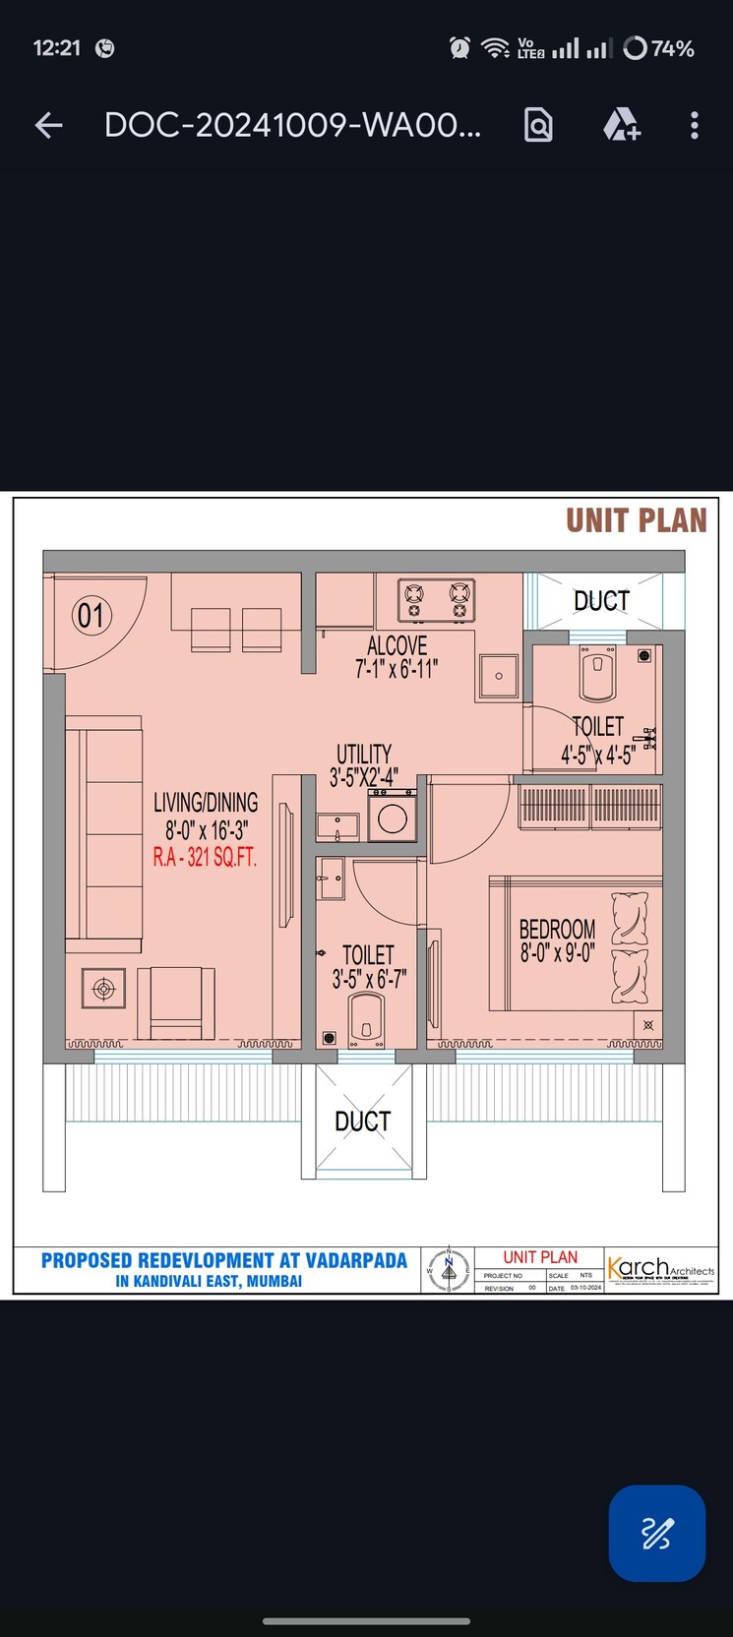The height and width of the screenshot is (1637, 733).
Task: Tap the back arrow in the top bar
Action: [x=48, y=125]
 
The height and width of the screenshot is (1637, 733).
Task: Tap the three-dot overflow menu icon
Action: [x=695, y=125]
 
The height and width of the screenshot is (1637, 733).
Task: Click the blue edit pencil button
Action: [x=656, y=1533]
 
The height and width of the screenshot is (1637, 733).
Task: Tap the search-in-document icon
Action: [x=538, y=125]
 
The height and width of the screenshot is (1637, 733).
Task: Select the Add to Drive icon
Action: [x=621, y=125]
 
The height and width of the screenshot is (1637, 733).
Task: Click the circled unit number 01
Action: [x=92, y=616]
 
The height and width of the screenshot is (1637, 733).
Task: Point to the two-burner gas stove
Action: [x=436, y=601]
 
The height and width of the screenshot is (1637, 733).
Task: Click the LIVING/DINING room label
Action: [x=206, y=803]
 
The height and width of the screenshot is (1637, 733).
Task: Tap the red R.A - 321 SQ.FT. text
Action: [x=205, y=858]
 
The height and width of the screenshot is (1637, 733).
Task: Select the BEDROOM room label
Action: [x=557, y=929]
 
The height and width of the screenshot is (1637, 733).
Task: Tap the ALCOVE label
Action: [x=397, y=646]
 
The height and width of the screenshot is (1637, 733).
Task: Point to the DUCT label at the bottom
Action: [x=362, y=1122]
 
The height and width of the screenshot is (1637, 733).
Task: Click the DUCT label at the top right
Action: [x=601, y=600]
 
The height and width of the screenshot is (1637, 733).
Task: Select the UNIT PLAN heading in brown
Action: [x=636, y=520]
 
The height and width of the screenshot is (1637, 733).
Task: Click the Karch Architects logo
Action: [x=660, y=1269]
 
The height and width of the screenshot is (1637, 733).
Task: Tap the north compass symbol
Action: [x=449, y=1270]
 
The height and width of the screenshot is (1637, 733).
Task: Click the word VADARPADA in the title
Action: [x=355, y=1260]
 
